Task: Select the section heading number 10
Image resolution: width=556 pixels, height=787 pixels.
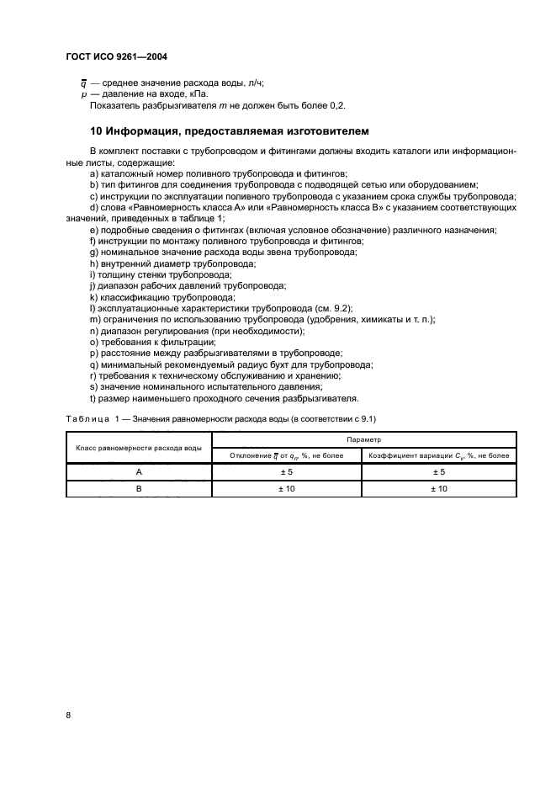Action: point(96,131)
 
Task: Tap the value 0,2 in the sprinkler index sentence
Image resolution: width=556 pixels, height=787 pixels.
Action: point(336,105)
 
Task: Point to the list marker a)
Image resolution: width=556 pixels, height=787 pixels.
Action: point(93,172)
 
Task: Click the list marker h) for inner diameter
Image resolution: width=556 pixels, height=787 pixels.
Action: point(93,263)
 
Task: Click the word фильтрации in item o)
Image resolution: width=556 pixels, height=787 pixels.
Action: point(172,343)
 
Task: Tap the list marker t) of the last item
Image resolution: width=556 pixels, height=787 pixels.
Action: point(93,399)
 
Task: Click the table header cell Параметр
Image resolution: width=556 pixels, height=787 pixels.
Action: point(363,439)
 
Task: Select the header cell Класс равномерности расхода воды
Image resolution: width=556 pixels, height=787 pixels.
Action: point(139,448)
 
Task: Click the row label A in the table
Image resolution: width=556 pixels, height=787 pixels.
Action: point(139,473)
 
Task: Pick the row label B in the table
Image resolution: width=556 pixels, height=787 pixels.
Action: point(139,488)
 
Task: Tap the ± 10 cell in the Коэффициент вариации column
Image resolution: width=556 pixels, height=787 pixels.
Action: point(438,488)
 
